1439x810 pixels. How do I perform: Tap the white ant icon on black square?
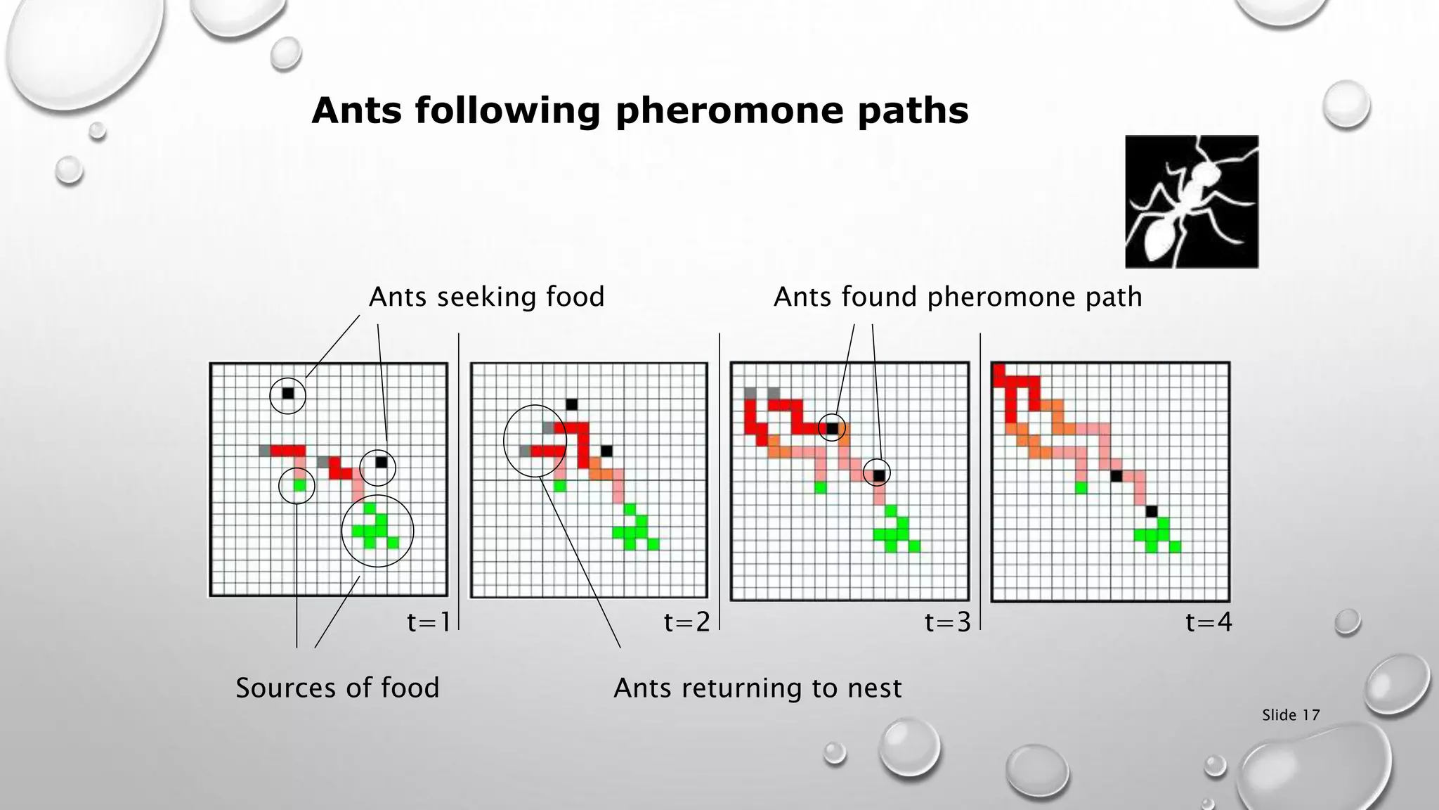point(1192,202)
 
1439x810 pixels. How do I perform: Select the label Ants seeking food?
point(486,297)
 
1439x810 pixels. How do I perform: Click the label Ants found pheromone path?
point(957,297)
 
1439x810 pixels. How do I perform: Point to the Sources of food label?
point(337,687)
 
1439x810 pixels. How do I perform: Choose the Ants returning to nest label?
point(757,687)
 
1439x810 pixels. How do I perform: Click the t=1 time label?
point(428,622)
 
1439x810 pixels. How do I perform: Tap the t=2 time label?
point(686,622)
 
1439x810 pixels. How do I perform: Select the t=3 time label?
point(947,622)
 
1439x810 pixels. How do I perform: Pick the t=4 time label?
point(1208,622)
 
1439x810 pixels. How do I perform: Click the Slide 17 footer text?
point(1290,715)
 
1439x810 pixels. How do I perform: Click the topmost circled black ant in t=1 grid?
point(288,393)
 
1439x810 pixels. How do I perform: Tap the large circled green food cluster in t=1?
point(377,532)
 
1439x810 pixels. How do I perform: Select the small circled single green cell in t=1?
point(300,485)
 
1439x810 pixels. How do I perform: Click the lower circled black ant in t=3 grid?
point(878,475)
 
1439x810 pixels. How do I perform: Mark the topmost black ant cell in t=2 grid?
point(571,404)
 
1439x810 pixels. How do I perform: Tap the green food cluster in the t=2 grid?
point(636,532)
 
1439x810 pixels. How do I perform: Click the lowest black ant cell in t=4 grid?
point(1151,510)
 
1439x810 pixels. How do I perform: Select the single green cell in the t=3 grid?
point(820,487)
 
